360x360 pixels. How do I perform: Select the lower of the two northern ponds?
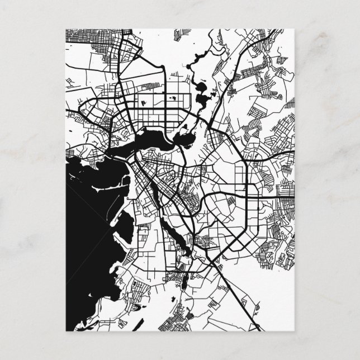[x=202, y=101]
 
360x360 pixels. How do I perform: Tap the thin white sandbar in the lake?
[x=112, y=191]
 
